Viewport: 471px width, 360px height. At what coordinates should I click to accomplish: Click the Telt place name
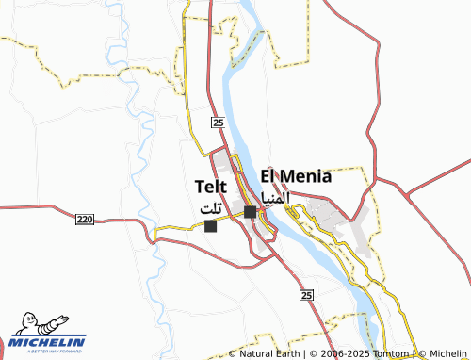(x=211, y=187)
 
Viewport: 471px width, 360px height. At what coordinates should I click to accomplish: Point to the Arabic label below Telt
(x=213, y=207)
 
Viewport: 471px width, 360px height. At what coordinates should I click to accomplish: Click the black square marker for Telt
(x=210, y=226)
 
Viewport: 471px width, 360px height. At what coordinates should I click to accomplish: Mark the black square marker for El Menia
(x=250, y=212)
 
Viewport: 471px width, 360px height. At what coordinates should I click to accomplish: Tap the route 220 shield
(x=85, y=219)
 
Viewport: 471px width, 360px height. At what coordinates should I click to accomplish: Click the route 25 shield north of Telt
(x=217, y=123)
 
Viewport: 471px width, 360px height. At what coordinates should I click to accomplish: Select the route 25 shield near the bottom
(x=306, y=295)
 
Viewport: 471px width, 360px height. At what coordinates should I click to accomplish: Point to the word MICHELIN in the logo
(x=49, y=341)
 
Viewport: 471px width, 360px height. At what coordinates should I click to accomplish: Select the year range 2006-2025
(x=337, y=353)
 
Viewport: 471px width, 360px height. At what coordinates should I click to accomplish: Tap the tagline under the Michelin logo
(x=49, y=352)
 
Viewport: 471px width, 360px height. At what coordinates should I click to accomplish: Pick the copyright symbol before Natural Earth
(x=234, y=353)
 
